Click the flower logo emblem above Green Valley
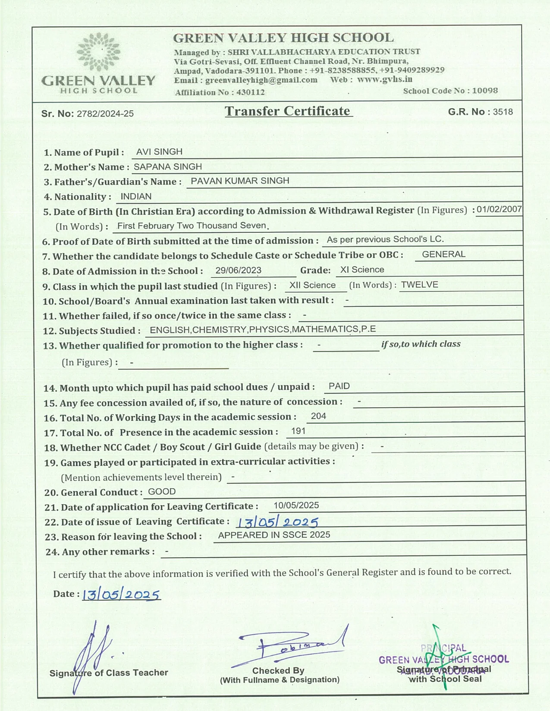point(98,52)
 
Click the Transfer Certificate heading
point(288,111)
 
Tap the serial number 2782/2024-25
point(105,114)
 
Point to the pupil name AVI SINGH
point(159,152)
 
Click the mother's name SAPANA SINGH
point(168,167)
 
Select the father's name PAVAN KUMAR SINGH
point(240,181)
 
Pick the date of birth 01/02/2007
point(499,210)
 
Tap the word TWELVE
point(419,285)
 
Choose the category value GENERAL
point(443,254)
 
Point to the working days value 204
point(318,416)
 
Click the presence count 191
point(299,431)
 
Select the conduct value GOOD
point(162,492)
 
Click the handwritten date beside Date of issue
point(278,522)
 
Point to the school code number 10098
point(485,91)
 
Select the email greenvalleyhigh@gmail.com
point(261,80)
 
